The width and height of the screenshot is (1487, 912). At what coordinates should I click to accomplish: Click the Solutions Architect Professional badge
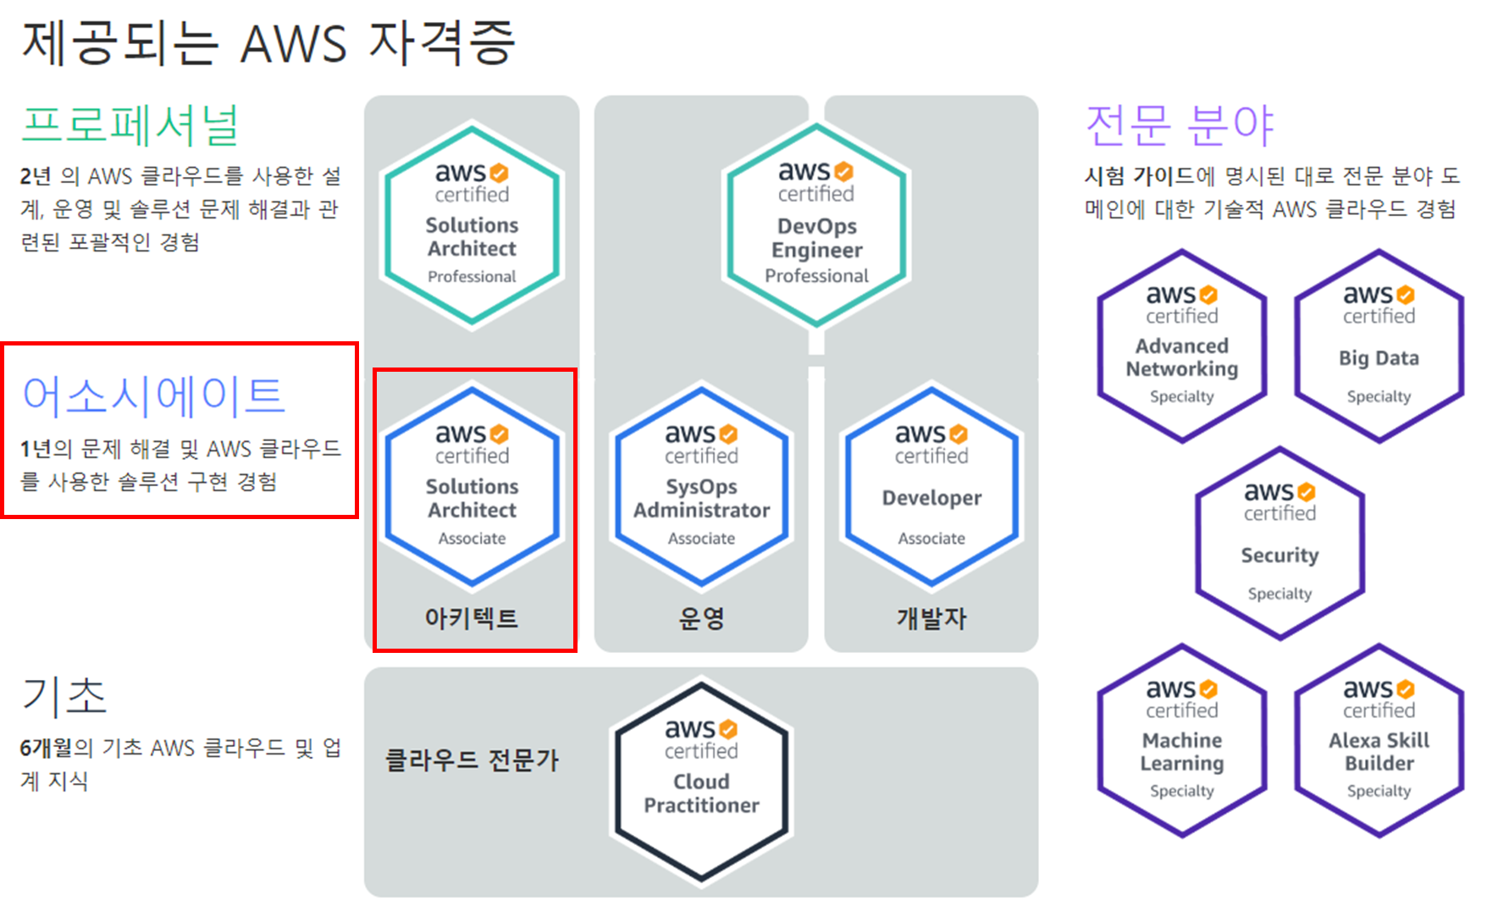point(472,225)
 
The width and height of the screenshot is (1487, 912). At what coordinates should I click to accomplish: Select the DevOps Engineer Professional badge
point(816,225)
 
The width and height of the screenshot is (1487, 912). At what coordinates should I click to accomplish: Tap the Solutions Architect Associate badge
point(472,486)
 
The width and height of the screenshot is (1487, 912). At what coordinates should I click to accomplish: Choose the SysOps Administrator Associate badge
point(701,486)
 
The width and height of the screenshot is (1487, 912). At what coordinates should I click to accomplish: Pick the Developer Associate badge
point(931,486)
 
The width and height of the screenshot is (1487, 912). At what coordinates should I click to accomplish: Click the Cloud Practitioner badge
point(701,782)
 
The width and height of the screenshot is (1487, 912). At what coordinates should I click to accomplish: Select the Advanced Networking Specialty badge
point(1181,346)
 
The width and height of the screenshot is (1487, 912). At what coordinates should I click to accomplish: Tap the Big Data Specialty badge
point(1379,346)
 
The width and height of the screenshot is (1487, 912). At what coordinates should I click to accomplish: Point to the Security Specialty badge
point(1280,544)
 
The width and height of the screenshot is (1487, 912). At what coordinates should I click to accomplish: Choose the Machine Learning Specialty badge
point(1181,741)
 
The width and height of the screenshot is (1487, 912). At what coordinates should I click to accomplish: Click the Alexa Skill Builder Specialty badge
point(1379,741)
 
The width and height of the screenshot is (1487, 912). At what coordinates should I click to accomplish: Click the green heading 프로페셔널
point(130,125)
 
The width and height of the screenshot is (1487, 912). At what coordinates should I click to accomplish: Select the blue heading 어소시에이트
point(154,395)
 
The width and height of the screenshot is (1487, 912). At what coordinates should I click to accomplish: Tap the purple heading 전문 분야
point(1179,125)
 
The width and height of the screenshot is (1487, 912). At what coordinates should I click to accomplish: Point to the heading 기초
point(64,696)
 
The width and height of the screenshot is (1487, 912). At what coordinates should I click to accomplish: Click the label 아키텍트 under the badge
point(471,618)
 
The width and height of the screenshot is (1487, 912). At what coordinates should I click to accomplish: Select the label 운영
point(701,618)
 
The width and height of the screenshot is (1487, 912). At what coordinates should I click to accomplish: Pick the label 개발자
point(931,618)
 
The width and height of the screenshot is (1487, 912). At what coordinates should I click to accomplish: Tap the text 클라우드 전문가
point(472,760)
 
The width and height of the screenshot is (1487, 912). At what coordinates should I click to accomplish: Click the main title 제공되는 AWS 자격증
point(268,42)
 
